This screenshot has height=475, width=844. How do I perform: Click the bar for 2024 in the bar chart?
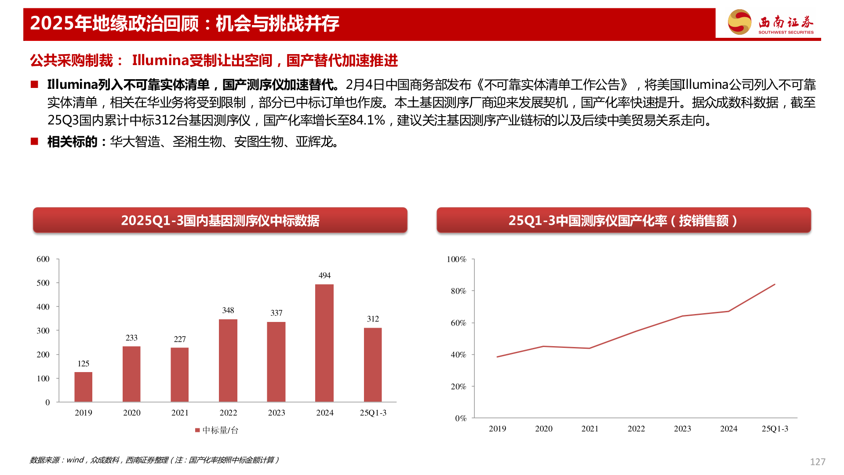click(324, 343)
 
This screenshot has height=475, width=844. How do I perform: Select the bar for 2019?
click(84, 387)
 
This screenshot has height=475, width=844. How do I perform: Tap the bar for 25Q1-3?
click(373, 365)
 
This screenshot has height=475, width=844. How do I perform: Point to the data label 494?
click(324, 275)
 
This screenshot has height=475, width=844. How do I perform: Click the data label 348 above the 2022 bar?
click(228, 311)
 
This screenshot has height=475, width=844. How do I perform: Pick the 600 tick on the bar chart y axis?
click(43, 259)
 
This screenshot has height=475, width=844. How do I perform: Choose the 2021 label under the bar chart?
click(180, 413)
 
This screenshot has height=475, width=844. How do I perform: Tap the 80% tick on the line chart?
click(458, 291)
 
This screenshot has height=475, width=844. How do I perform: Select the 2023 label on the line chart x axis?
click(682, 428)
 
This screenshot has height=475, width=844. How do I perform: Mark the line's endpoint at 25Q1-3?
click(775, 285)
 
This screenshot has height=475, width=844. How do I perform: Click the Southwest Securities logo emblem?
click(740, 22)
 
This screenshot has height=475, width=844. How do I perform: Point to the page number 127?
click(818, 462)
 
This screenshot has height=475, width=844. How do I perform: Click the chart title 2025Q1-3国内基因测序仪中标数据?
click(220, 220)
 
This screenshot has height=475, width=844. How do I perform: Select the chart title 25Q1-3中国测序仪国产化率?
click(623, 220)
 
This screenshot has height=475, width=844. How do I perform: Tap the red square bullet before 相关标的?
click(34, 141)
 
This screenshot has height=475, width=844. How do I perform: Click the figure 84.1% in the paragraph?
click(367, 120)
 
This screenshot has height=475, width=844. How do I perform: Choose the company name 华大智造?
click(135, 142)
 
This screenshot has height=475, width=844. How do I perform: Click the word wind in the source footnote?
click(75, 460)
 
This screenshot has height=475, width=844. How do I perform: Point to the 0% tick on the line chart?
click(461, 418)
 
